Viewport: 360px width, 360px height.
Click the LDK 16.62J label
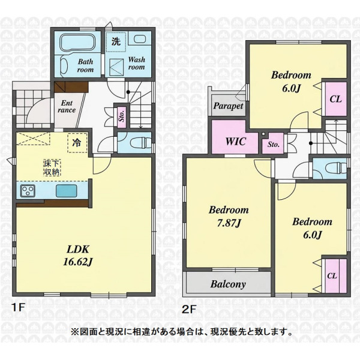78,256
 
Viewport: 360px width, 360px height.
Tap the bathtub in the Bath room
77,41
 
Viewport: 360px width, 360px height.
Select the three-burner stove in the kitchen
28,191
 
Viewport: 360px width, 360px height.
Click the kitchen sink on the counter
67,191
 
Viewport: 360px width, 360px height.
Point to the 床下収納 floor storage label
52,168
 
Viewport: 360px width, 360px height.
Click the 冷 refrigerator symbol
77,143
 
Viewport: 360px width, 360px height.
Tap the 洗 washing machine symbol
116,41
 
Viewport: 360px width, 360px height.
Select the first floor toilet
140,143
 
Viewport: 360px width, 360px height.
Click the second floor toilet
336,167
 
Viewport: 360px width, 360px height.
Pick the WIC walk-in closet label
236,142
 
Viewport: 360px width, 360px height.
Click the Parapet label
228,106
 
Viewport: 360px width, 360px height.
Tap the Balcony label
228,284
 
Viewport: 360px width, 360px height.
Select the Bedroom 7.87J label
229,216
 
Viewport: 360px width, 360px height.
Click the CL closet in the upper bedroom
335,99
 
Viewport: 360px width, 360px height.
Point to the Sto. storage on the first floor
122,116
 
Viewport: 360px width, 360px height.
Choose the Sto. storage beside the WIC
273,144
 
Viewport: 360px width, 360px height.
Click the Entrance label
67,107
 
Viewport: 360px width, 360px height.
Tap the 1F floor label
19,308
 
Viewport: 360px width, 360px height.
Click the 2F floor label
190,309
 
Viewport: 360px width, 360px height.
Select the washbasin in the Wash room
139,38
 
